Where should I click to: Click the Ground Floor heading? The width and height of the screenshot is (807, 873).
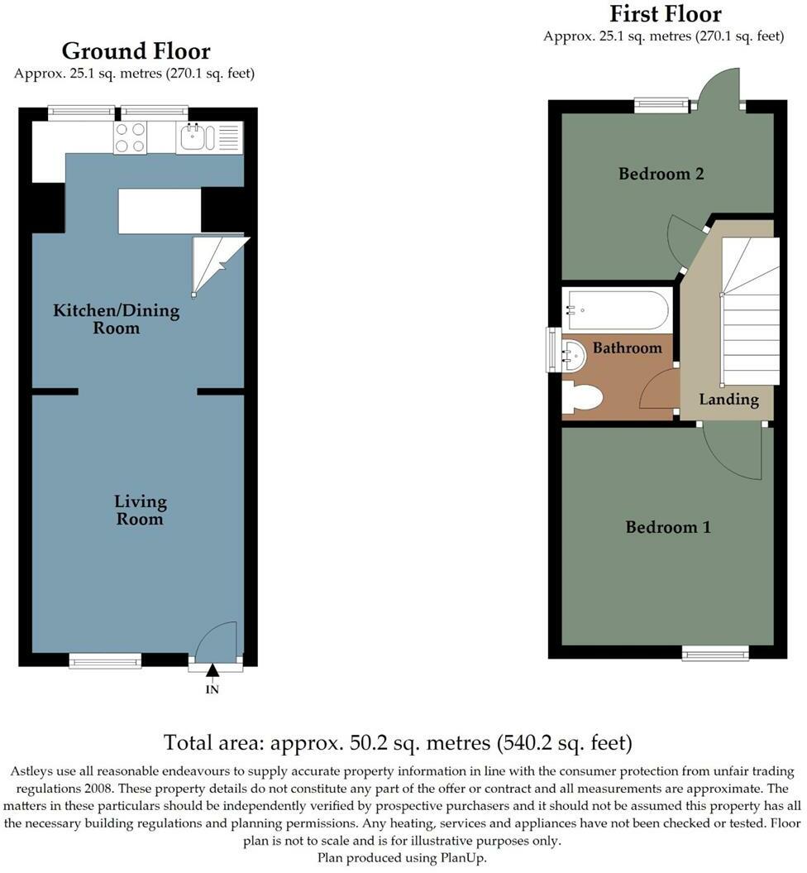pos(136,51)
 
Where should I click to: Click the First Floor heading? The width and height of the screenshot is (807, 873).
pos(665,14)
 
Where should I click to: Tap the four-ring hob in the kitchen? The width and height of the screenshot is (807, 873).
pos(130,137)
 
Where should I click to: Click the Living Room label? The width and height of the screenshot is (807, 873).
pos(140,510)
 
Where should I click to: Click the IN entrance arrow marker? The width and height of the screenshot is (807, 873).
pos(212,672)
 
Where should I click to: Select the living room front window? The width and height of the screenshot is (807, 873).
pos(105,660)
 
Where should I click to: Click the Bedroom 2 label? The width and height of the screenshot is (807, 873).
pos(661,174)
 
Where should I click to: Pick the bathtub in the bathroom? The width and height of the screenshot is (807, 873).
pos(617,309)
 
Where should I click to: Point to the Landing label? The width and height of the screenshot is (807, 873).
pos(728,399)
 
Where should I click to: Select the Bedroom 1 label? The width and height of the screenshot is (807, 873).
pos(667,527)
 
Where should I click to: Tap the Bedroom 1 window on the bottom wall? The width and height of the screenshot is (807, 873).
pos(716,654)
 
